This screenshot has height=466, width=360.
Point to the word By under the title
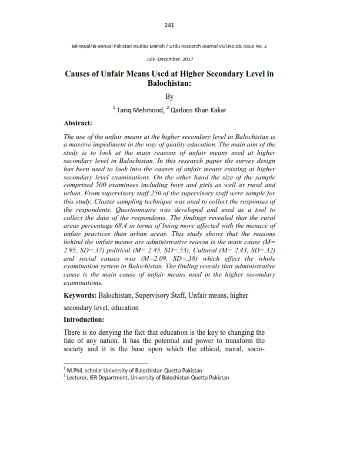(169, 96)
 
